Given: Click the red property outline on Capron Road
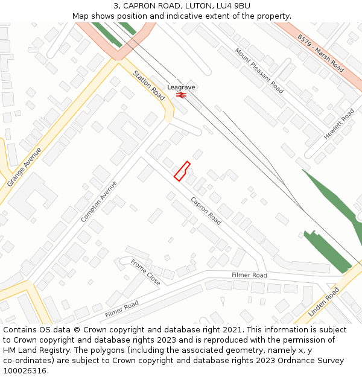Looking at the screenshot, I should (182, 171).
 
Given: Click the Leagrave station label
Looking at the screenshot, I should (181, 87).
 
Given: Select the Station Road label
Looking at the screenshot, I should (148, 85).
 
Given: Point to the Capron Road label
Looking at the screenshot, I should (206, 211).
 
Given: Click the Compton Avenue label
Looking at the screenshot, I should (99, 201).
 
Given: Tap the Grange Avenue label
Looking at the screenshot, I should (24, 166).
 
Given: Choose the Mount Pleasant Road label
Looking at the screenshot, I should (259, 71).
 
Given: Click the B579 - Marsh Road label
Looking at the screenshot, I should (320, 53).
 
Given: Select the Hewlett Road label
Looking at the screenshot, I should (339, 124).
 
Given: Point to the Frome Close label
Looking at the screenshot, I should (145, 272).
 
